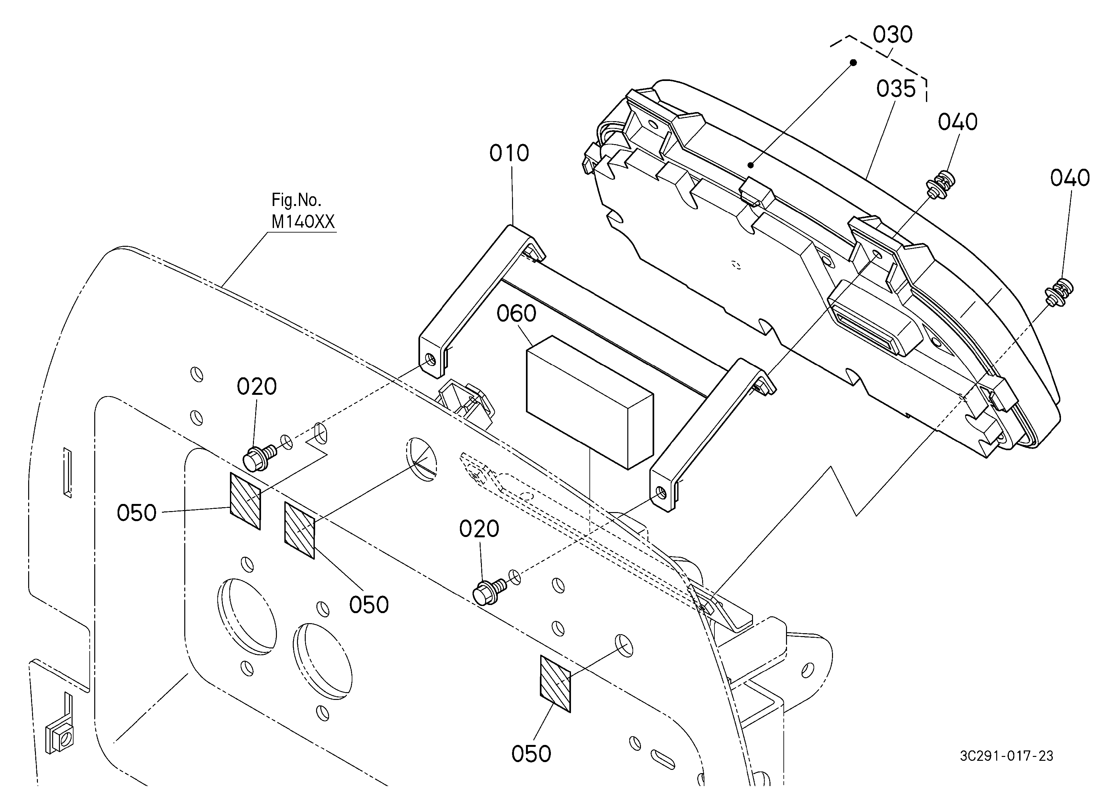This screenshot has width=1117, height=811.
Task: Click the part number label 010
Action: pos(509,153)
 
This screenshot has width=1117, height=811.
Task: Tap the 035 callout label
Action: pos(895,89)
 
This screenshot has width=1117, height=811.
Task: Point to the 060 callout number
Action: pos(516,313)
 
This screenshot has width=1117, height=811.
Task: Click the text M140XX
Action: pos(303,222)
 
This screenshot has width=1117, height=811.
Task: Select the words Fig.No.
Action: pos(296,200)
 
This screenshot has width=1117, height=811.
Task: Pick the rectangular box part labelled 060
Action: pos(589,402)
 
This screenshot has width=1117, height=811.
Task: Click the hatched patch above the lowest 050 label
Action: pos(555,683)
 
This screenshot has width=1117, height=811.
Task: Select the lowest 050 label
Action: pos(531,754)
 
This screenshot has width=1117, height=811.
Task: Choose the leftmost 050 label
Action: pos(136,513)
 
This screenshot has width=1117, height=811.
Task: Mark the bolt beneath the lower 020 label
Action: pos(489,591)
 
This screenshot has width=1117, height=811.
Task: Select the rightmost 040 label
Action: pos(1070,178)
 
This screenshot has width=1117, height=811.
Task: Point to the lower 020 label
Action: pos(479,529)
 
